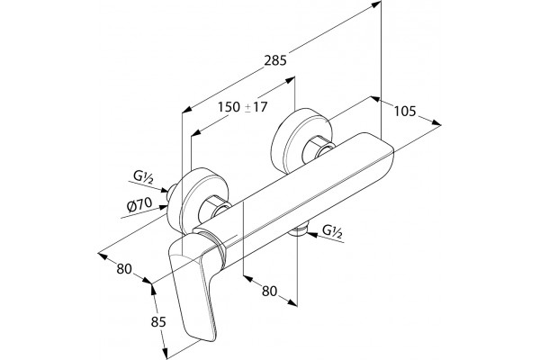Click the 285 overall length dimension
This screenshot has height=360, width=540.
tap(275, 60)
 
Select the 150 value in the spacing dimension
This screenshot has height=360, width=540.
tap(229, 107)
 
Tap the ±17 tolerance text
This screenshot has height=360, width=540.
tap(256, 107)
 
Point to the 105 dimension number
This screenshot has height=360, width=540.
tap(405, 112)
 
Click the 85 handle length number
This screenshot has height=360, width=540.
tap(158, 322)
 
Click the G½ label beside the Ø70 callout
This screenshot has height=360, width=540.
tap(143, 178)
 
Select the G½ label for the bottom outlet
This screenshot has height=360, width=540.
tap(332, 231)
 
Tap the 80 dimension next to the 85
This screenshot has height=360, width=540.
tap(124, 269)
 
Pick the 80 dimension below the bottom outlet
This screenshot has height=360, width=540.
tap(269, 291)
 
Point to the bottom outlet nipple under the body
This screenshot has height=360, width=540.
tap(299, 231)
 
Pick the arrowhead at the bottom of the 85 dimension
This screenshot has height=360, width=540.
tap(166, 353)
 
